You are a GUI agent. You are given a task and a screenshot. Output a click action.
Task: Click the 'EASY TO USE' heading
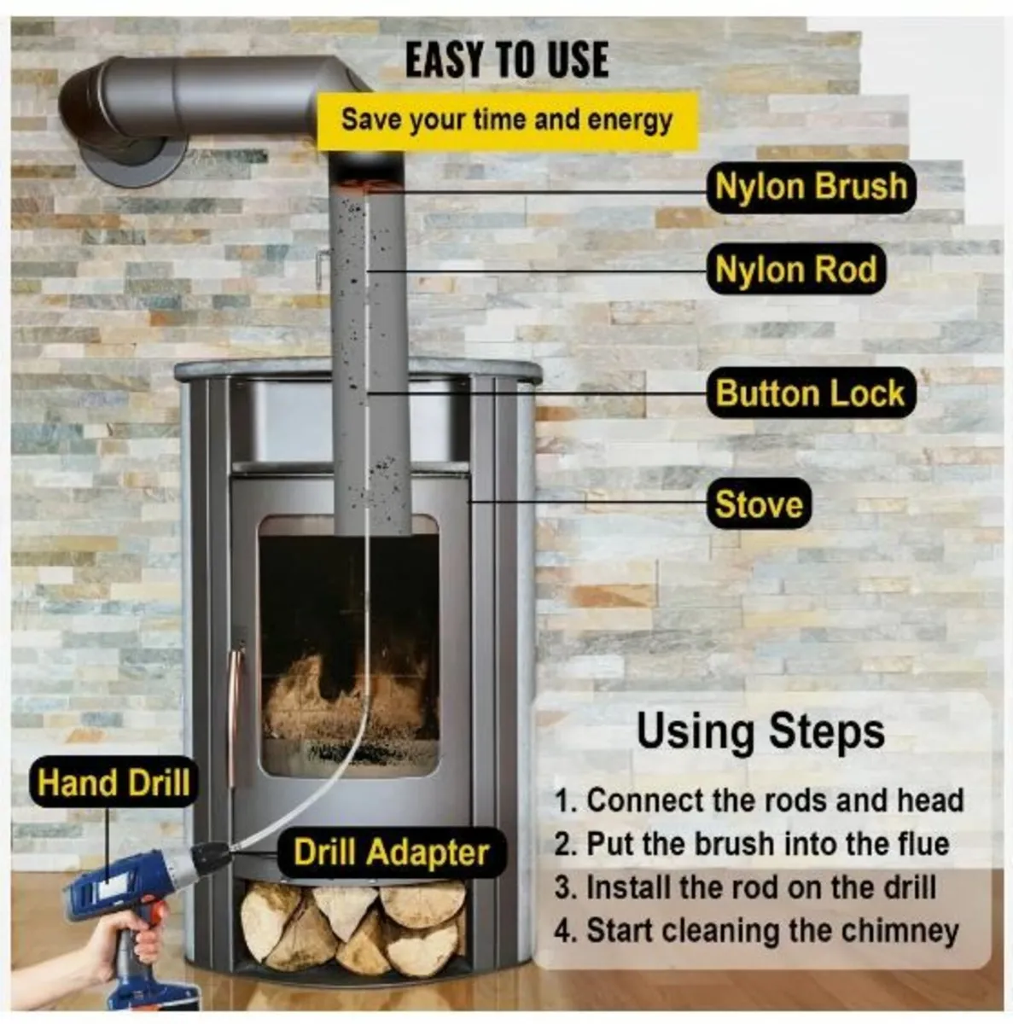click(x=507, y=60)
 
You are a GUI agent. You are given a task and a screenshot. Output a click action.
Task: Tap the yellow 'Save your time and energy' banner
click(x=507, y=120)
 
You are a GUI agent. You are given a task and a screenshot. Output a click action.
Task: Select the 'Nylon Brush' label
click(x=811, y=187)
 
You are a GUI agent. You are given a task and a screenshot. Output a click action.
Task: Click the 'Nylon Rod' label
click(x=795, y=269)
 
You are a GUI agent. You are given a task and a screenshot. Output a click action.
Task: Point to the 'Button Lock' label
click(x=810, y=393)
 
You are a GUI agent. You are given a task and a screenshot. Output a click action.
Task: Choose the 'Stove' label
click(x=759, y=503)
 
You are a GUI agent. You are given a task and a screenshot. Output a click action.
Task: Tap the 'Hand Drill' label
click(x=114, y=782)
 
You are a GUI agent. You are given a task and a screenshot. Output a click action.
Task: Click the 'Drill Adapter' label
click(x=391, y=852)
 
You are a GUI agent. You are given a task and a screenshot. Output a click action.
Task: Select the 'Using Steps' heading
click(x=760, y=732)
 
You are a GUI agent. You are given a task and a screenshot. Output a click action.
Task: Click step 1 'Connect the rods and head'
click(x=760, y=800)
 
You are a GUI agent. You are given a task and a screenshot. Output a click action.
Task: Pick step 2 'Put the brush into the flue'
click(x=752, y=844)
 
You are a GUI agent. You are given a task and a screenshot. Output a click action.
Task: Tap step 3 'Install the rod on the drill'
click(x=745, y=887)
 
